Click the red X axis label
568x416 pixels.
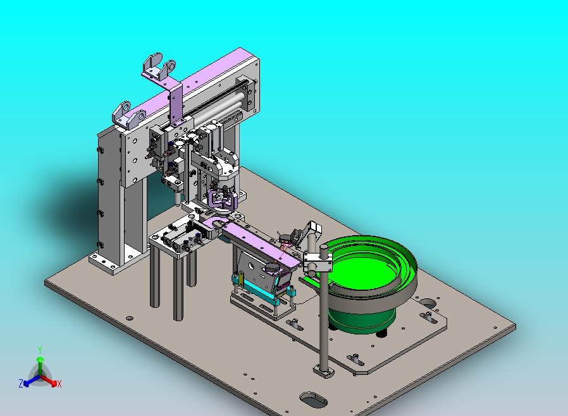tap(59, 384)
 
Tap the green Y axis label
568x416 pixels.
tap(40, 350)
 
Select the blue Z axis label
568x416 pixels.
tap(21, 383)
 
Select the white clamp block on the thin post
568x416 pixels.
tap(318, 262)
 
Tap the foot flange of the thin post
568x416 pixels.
tap(324, 372)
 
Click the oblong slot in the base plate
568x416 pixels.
tap(313, 400)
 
